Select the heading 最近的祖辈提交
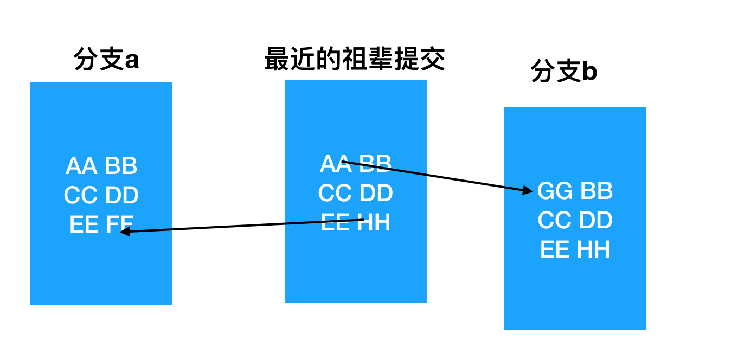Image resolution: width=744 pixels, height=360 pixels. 355,59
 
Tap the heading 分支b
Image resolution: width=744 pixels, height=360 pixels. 564,72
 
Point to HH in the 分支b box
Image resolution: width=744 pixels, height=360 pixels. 593,250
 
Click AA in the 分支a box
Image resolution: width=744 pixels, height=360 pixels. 81,166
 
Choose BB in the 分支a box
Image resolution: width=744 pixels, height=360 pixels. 121,166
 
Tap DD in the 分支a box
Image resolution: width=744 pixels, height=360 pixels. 122,196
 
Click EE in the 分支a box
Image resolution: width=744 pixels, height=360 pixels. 84,225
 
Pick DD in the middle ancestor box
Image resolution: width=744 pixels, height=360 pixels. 376,194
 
